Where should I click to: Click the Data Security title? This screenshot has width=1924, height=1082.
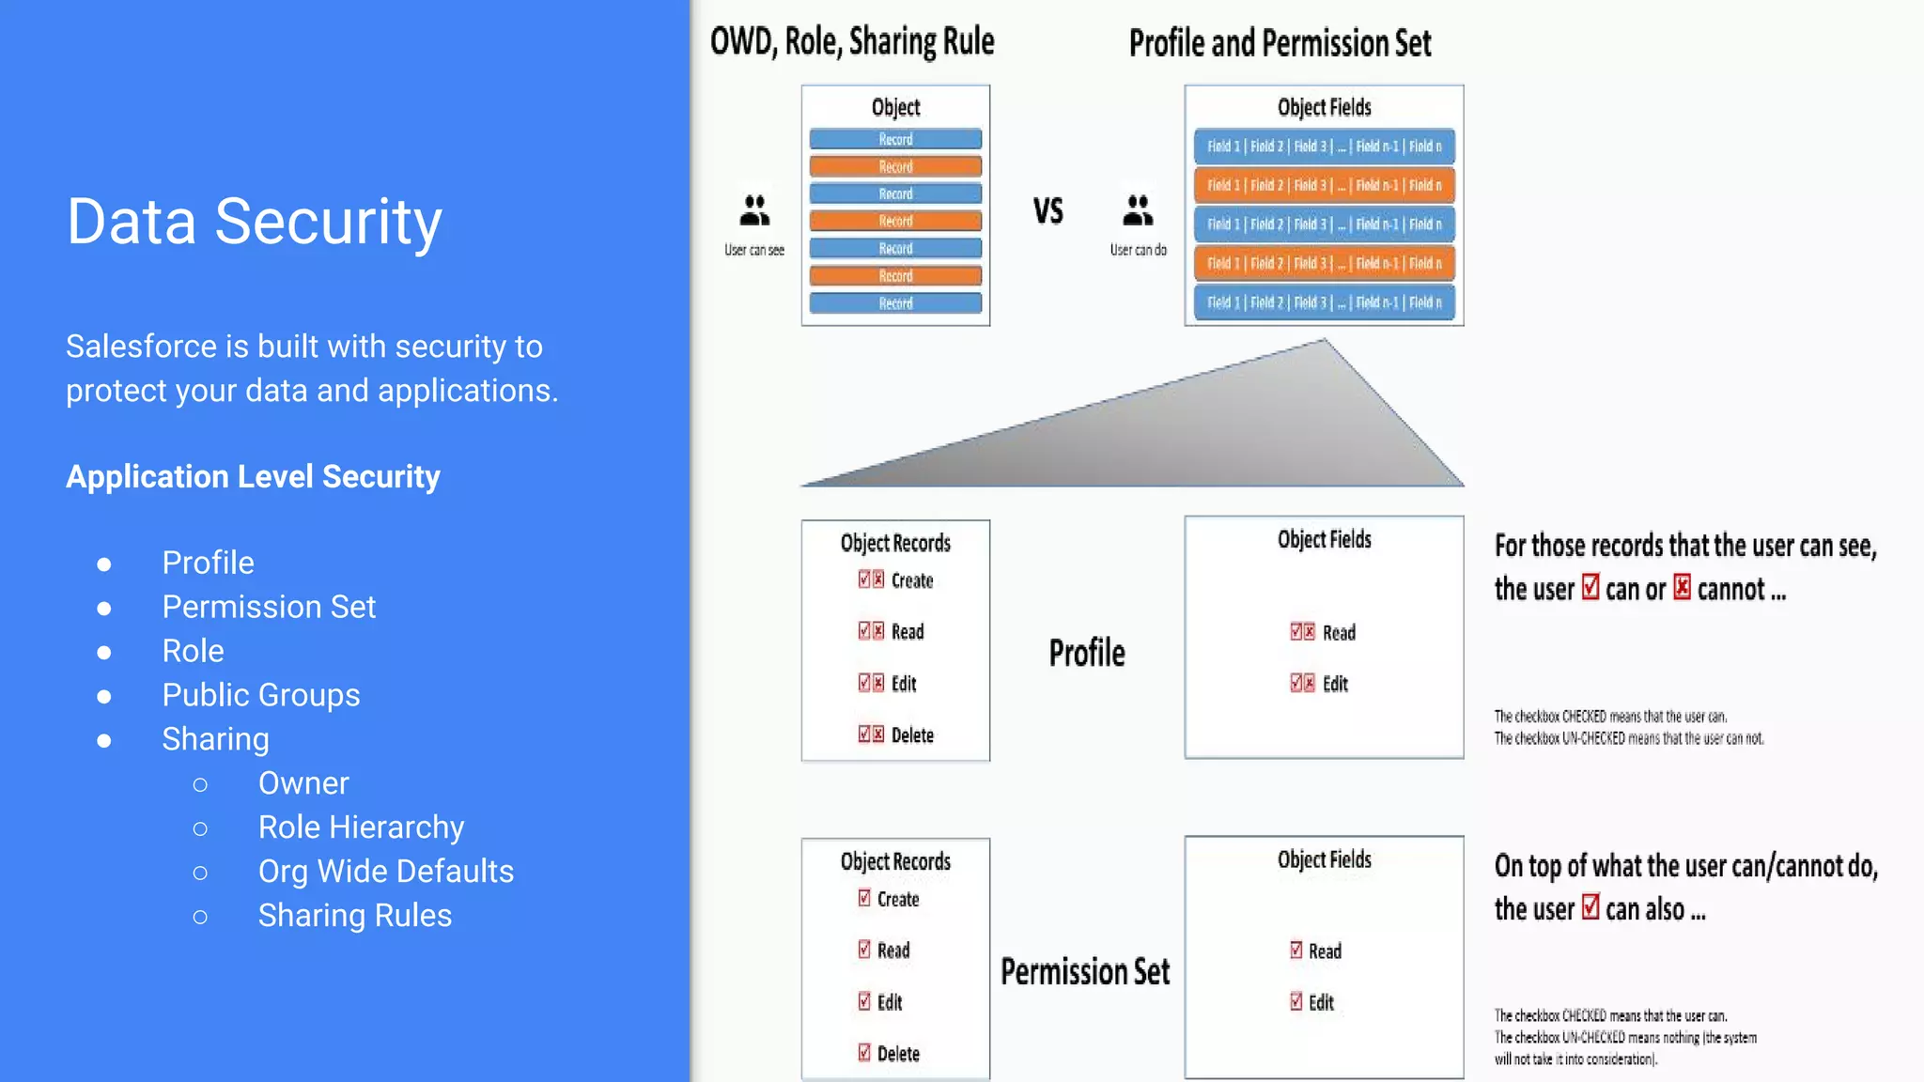pos(254,223)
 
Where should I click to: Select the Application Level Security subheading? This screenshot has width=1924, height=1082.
pos(253,477)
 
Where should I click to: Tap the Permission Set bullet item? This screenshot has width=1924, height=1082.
pos(269,607)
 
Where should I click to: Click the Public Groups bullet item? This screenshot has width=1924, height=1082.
pos(260,695)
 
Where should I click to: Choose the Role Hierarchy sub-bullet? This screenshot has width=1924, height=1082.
pos(361,827)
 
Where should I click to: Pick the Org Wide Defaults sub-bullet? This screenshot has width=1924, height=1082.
pos(385,872)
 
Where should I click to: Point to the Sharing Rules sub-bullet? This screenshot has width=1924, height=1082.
pos(354,916)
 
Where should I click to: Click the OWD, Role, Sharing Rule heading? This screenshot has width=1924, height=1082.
pos(851,42)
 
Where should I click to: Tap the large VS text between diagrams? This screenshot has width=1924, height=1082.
pos(1048,211)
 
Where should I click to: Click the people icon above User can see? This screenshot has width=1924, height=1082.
pos(754,210)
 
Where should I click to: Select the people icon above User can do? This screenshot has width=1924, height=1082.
pos(1138,210)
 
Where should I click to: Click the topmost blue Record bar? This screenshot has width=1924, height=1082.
pos(895,139)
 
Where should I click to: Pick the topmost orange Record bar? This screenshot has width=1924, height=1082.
pos(895,166)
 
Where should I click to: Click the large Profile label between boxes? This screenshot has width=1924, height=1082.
pos(1087,653)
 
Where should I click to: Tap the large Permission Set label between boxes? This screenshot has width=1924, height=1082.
pos(1085,971)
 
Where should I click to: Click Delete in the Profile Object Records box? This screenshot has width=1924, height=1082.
pos(911,735)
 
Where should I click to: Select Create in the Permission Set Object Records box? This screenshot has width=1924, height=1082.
pos(897,899)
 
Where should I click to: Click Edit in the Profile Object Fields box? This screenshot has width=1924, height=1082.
pos(1335,684)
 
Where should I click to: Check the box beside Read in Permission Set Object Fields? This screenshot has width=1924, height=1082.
pos(1296,951)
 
